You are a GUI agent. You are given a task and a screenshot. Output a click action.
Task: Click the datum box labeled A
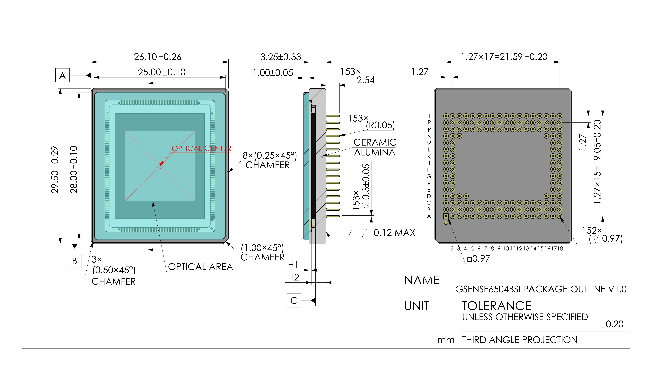(62, 75)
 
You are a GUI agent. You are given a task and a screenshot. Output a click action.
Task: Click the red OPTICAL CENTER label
(201, 148)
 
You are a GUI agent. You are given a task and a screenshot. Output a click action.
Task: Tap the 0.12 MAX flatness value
(394, 233)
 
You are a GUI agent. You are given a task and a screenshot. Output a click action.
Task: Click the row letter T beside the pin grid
(429, 116)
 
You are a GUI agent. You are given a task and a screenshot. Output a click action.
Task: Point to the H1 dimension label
(293, 265)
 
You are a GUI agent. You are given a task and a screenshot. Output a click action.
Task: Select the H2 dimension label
(293, 277)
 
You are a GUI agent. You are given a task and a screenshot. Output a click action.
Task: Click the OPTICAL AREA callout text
(200, 267)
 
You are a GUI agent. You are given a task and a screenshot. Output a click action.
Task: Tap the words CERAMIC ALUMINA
(375, 147)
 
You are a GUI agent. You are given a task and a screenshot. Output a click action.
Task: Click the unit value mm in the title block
(446, 340)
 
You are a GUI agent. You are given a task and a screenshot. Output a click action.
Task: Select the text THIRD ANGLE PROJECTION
(520, 340)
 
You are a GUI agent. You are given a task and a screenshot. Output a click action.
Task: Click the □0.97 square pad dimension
(479, 259)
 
